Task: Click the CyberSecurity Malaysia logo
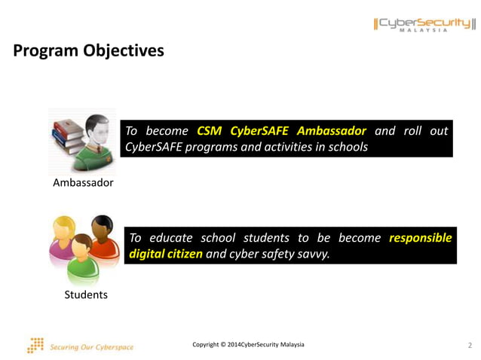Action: (425, 24)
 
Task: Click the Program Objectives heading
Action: (88, 51)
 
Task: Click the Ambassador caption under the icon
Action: (83, 183)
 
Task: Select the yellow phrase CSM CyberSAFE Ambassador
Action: (281, 131)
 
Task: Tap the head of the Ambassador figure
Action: (97, 130)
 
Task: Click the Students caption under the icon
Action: (86, 294)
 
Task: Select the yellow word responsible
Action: (420, 238)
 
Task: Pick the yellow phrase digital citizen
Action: (166, 254)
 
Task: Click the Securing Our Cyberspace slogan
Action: (91, 347)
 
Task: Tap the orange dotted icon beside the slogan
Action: (35, 345)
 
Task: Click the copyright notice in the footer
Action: (248, 344)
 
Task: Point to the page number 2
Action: (470, 345)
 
